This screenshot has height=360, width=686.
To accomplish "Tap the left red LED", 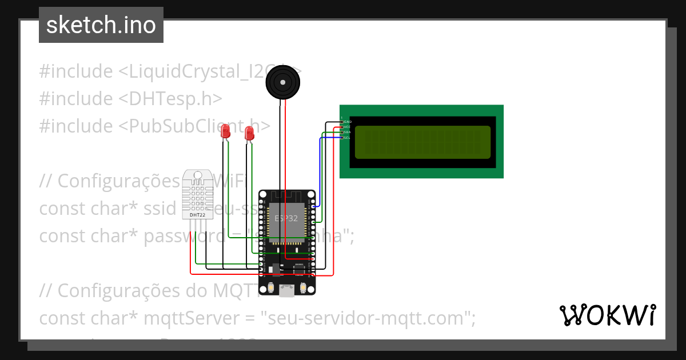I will pyautogui.click(x=226, y=131).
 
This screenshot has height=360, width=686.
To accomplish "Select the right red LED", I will pyautogui.click(x=249, y=133).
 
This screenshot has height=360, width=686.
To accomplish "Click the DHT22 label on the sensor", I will pyautogui.click(x=197, y=215).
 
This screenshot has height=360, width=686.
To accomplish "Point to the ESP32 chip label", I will pyautogui.click(x=286, y=218).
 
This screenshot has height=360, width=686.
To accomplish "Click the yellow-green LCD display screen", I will pyautogui.click(x=422, y=142).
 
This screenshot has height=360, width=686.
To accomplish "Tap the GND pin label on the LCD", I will pyautogui.click(x=347, y=122).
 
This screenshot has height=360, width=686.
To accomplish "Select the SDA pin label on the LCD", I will pyautogui.click(x=347, y=132).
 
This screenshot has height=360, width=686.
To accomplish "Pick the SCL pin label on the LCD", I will pyautogui.click(x=347, y=137).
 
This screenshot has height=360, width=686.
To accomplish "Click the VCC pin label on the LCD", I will pyautogui.click(x=347, y=127).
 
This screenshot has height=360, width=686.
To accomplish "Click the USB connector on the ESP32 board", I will pyautogui.click(x=286, y=291).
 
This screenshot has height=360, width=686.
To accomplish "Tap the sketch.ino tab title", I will pyautogui.click(x=101, y=25).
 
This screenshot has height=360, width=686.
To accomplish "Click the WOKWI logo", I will pyautogui.click(x=607, y=315).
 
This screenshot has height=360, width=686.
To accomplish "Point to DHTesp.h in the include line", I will pyautogui.click(x=170, y=98).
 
